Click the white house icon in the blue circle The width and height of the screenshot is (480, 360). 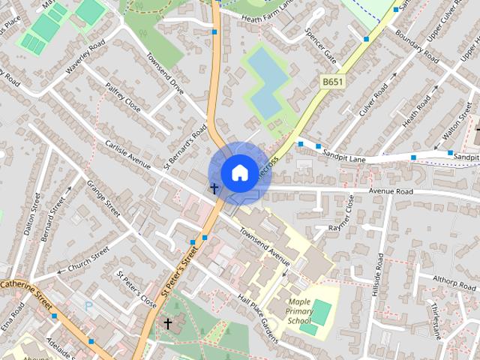[238, 172]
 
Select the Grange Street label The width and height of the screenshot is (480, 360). [103, 198]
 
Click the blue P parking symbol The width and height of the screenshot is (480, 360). [89, 306]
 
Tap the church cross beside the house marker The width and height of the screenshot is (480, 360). [214, 188]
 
